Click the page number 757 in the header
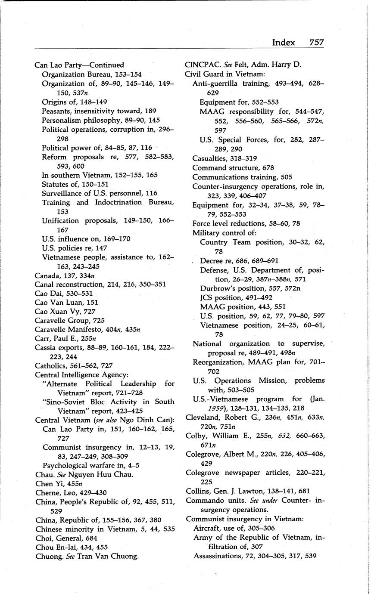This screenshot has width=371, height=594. (x=316, y=42)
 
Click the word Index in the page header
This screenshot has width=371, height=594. (x=283, y=42)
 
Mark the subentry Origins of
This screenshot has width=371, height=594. (x=60, y=102)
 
